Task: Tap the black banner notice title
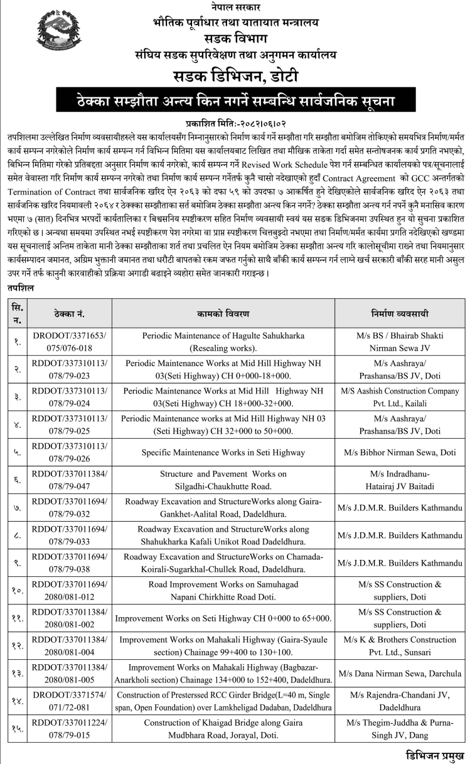click(235, 100)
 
